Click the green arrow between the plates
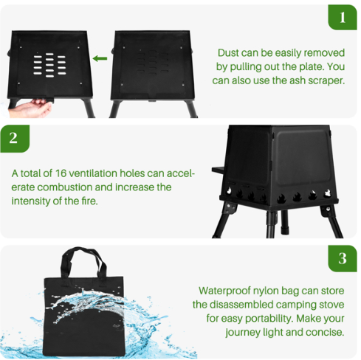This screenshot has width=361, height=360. pyautogui.click(x=100, y=58)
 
